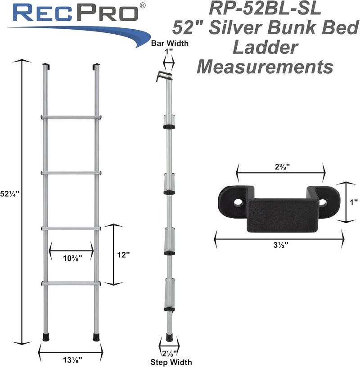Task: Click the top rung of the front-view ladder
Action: coord(71,117)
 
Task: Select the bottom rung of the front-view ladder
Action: coord(71,283)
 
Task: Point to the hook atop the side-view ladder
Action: coord(165,76)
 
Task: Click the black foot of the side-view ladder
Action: coord(168,336)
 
